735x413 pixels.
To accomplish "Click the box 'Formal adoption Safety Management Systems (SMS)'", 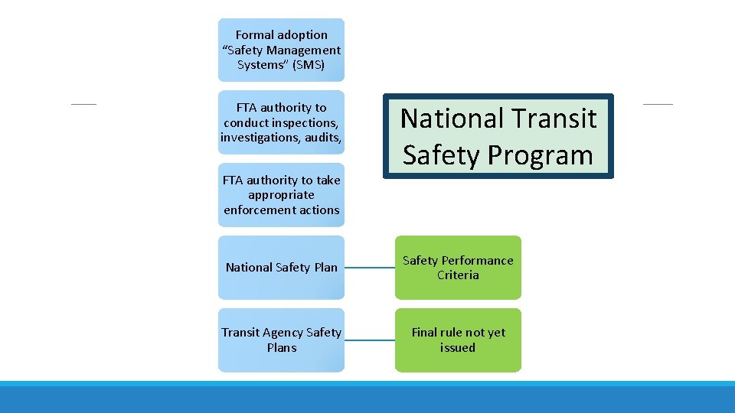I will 281,50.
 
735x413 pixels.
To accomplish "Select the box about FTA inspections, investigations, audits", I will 281,122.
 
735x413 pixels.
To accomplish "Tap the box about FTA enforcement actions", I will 281,195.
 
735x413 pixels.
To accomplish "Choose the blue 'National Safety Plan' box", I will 281,267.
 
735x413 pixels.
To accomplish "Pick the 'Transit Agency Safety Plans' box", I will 281,340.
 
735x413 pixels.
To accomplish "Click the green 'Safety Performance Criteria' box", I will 458,267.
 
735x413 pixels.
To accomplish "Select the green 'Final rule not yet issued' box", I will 458,340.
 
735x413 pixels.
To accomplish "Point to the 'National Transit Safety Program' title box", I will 498,137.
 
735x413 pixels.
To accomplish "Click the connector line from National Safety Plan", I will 370,268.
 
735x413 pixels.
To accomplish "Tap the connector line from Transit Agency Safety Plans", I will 370,340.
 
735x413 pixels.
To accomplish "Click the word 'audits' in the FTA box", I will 322,138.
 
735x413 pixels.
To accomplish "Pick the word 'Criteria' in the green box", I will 458,275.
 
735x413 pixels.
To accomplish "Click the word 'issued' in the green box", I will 458,347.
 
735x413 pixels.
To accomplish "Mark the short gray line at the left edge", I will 84,103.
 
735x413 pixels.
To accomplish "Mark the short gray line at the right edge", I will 658,103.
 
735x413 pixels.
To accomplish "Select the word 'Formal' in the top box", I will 254,35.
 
